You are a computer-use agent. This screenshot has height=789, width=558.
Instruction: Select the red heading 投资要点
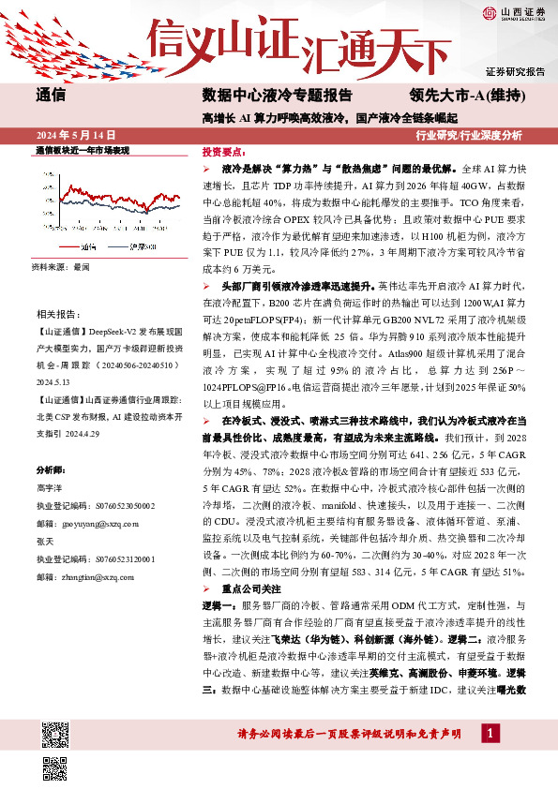(225, 151)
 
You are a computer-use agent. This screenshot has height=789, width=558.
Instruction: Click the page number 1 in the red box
(490, 733)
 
